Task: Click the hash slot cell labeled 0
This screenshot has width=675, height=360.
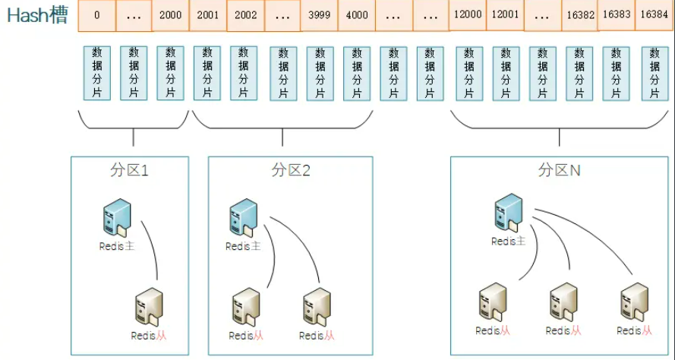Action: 96,15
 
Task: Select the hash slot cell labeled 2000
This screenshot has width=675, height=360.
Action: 170,15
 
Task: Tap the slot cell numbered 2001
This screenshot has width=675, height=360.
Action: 207,15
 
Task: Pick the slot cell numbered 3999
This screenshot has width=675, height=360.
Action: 319,15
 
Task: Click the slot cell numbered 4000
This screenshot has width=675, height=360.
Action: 356,15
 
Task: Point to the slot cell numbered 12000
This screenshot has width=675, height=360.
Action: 468,15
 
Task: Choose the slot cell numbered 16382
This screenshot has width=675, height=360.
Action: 580,15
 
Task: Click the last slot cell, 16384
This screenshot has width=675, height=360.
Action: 654,15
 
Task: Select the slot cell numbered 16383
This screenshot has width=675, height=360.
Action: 617,15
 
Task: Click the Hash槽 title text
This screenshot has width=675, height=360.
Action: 37,16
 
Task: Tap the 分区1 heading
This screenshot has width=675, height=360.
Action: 130,170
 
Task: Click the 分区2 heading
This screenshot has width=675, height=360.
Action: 291,170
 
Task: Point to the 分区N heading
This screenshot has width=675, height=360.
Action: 559,170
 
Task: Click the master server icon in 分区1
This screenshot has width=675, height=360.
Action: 117,216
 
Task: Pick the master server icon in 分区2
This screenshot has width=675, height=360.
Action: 243,216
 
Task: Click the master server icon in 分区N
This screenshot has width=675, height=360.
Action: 508,212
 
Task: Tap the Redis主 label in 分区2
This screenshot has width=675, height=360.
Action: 243,246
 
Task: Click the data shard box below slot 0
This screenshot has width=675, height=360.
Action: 96,73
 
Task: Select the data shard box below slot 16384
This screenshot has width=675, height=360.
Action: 654,73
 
